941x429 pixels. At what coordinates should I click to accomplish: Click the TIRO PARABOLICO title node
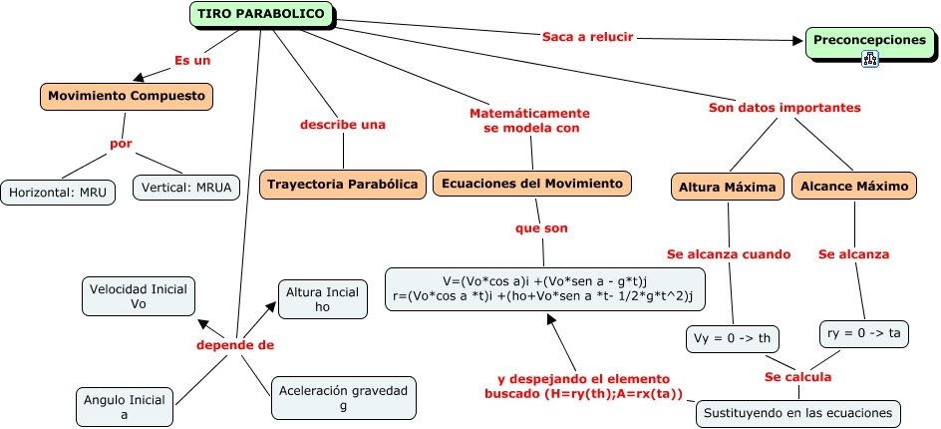tap(261, 14)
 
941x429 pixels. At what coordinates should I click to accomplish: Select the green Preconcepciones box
tap(869, 40)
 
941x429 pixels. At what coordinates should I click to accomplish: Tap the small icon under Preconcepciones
tap(869, 60)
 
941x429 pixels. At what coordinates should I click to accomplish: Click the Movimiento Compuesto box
tap(127, 97)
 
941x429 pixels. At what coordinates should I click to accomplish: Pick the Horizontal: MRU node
tap(58, 191)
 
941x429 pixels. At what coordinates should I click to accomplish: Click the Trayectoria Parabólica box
tap(343, 184)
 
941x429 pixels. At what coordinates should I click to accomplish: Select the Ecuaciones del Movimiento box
tap(532, 184)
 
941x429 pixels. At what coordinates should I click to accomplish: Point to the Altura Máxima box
tap(727, 186)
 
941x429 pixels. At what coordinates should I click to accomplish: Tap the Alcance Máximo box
tap(854, 186)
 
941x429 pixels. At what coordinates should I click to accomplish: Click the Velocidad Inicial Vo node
tap(139, 297)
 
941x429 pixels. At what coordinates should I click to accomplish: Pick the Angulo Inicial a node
tap(125, 407)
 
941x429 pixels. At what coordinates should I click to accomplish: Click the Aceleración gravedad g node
tap(343, 398)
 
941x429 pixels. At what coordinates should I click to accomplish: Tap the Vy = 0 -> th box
tap(733, 339)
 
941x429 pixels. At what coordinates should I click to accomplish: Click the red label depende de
tap(234, 345)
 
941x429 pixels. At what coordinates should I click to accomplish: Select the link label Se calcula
tap(797, 377)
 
